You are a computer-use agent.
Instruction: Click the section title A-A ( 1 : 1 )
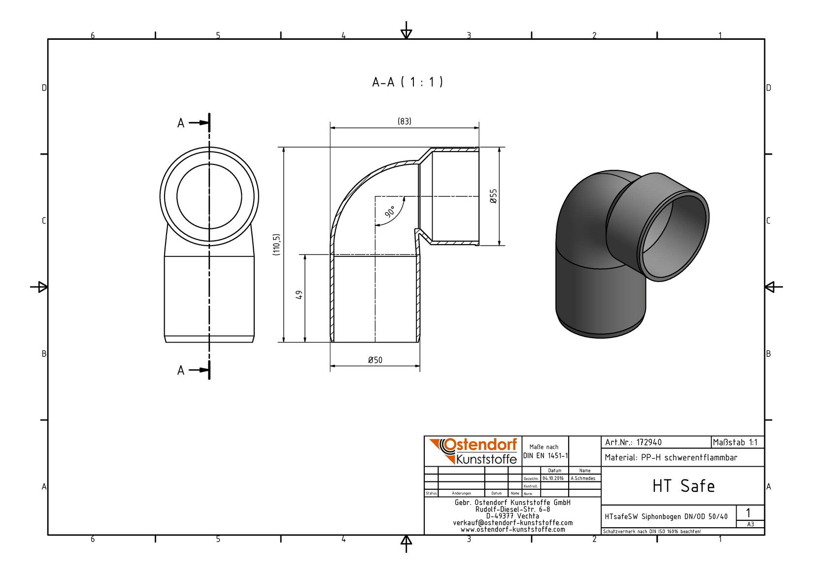coord(407,82)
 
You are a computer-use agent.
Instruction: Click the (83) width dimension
coord(405,121)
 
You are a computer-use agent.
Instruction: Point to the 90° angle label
coord(390,211)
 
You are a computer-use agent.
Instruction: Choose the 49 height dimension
coord(299,294)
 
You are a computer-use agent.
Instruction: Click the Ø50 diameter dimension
coord(375,360)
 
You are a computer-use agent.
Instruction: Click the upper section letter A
coord(181,123)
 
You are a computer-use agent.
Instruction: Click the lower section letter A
coord(181,371)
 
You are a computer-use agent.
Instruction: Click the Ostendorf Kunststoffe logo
coord(473,451)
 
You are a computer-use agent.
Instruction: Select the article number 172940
coord(649,443)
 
